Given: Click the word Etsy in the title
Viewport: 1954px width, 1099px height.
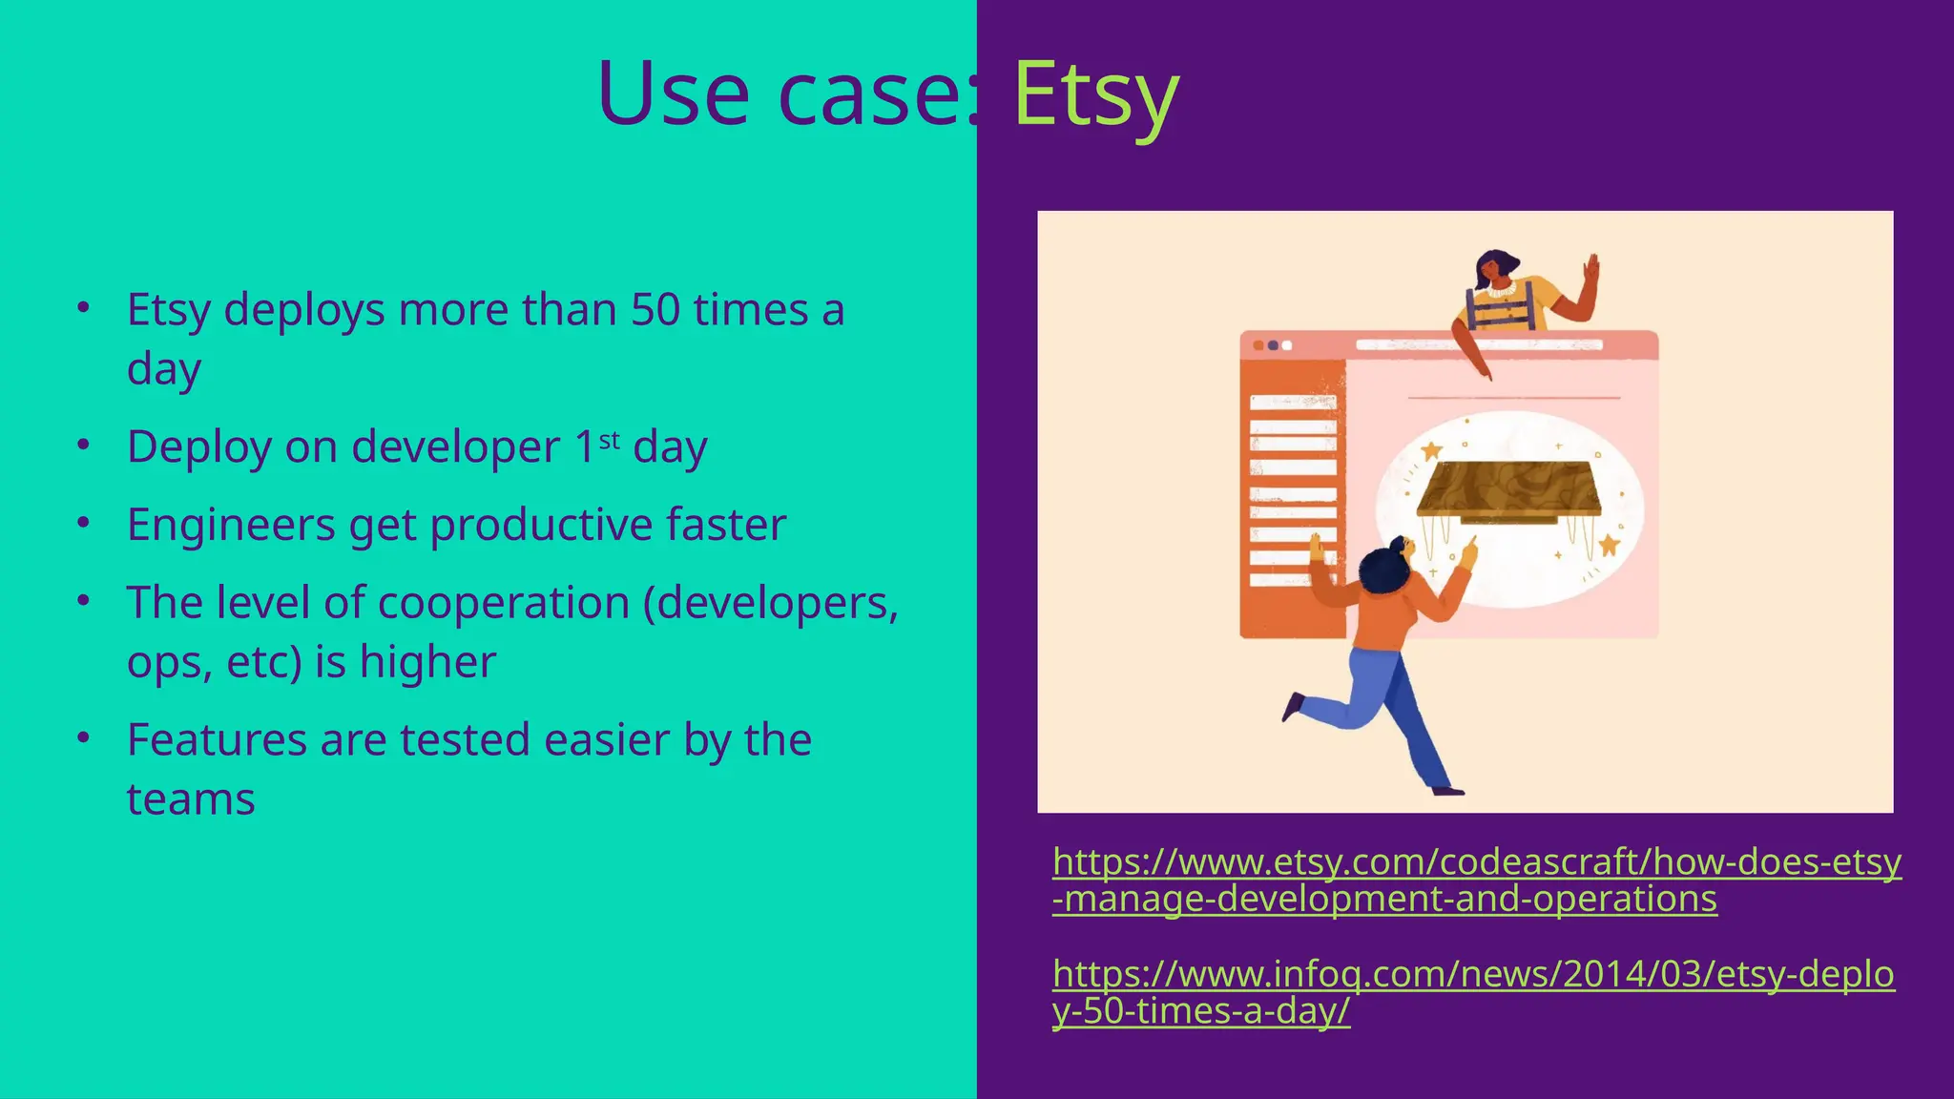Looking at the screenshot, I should pyautogui.click(x=1095, y=93).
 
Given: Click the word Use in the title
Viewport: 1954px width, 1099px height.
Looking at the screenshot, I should pyautogui.click(x=673, y=93).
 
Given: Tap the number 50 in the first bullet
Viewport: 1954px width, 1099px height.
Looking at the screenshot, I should pyautogui.click(x=655, y=310).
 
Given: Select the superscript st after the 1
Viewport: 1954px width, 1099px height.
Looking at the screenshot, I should pyautogui.click(x=610, y=440).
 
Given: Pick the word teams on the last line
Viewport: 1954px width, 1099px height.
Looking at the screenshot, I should pyautogui.click(x=191, y=799).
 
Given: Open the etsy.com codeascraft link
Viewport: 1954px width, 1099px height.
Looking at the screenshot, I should pyautogui.click(x=1476, y=880).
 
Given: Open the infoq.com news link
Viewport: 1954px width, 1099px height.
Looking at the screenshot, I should pyautogui.click(x=1472, y=992).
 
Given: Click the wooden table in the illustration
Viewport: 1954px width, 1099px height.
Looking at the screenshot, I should pyautogui.click(x=1507, y=488).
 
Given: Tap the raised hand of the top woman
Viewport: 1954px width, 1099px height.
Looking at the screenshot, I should pyautogui.click(x=1590, y=269).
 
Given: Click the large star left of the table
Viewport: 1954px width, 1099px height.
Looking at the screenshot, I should pyautogui.click(x=1431, y=450).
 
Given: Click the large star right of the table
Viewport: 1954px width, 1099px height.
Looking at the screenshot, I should pyautogui.click(x=1610, y=546).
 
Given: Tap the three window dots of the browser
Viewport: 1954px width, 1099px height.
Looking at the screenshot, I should pyautogui.click(x=1272, y=345).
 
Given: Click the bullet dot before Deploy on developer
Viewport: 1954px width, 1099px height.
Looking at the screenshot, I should pyautogui.click(x=84, y=446).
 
